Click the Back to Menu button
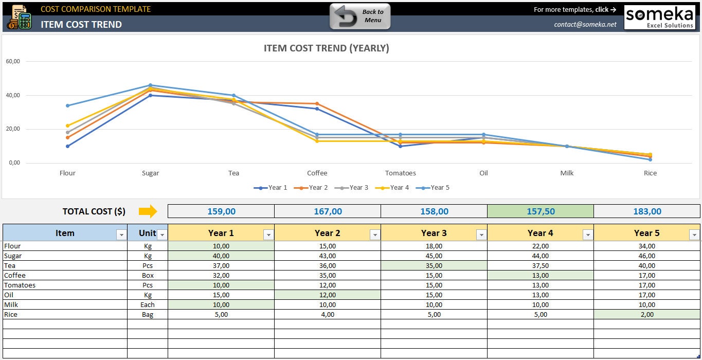[360, 16]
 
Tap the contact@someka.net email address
[585, 24]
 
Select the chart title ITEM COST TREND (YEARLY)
[326, 48]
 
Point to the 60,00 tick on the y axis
[13, 61]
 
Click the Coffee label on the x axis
[317, 173]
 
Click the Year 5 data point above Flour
[67, 106]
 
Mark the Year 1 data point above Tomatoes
[401, 146]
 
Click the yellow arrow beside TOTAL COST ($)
[147, 211]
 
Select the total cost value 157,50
[540, 211]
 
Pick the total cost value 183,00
[646, 211]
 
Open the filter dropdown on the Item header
[121, 235]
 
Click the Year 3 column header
[434, 233]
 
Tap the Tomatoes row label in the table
[20, 285]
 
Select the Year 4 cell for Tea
[540, 265]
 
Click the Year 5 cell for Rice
[646, 314]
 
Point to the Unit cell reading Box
[148, 275]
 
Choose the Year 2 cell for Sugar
[327, 256]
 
